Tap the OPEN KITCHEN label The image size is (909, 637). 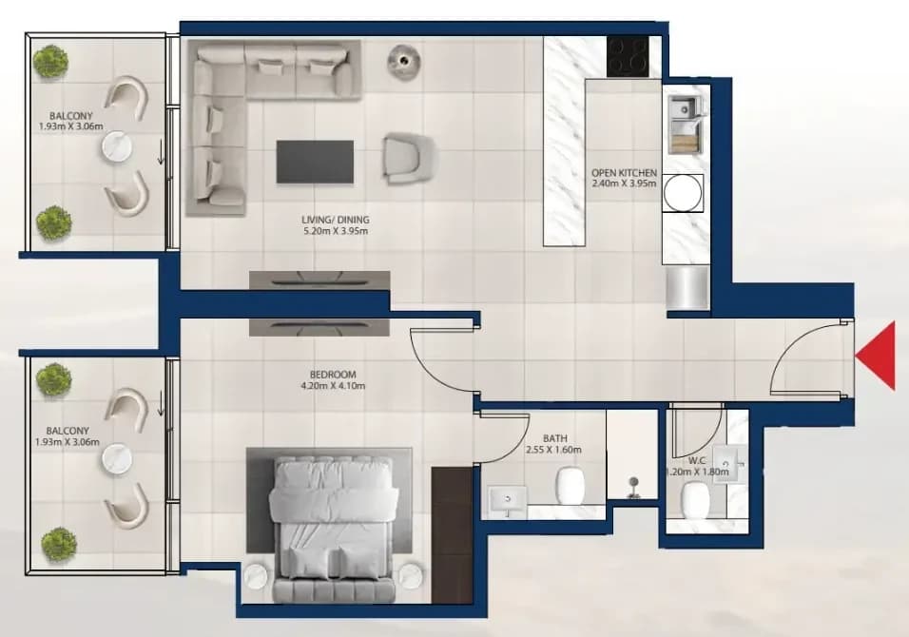pos(624,173)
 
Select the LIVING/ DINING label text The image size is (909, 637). pos(335,220)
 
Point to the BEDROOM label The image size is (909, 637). pos(333,375)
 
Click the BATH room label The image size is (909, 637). pos(554,439)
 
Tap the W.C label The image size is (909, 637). pos(697,461)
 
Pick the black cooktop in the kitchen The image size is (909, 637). pos(628,56)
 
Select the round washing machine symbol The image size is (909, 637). pos(683,192)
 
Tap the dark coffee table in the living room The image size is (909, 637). pos(315,162)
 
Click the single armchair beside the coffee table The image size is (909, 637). pos(408,156)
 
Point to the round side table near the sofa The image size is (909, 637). pos(403,59)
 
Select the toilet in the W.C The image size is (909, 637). pos(696,500)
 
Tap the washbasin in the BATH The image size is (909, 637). pos(508,501)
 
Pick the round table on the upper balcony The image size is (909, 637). pos(117,147)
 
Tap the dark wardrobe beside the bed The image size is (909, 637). pos(453,535)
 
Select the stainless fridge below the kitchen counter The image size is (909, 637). pos(687,288)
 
